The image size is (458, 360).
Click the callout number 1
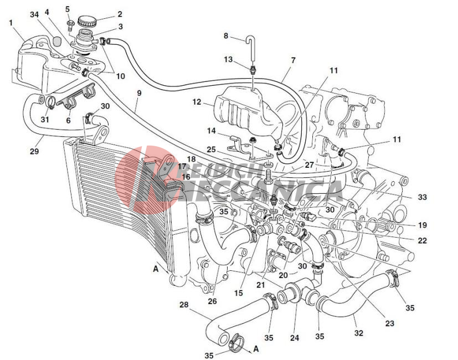(11, 23)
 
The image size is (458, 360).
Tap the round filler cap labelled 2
(87, 22)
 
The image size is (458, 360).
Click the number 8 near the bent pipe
(226, 35)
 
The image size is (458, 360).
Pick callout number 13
(228, 59)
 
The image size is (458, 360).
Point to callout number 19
(423, 225)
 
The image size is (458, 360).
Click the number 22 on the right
(423, 240)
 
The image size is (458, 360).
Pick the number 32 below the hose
(359, 333)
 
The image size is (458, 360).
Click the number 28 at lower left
(184, 305)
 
